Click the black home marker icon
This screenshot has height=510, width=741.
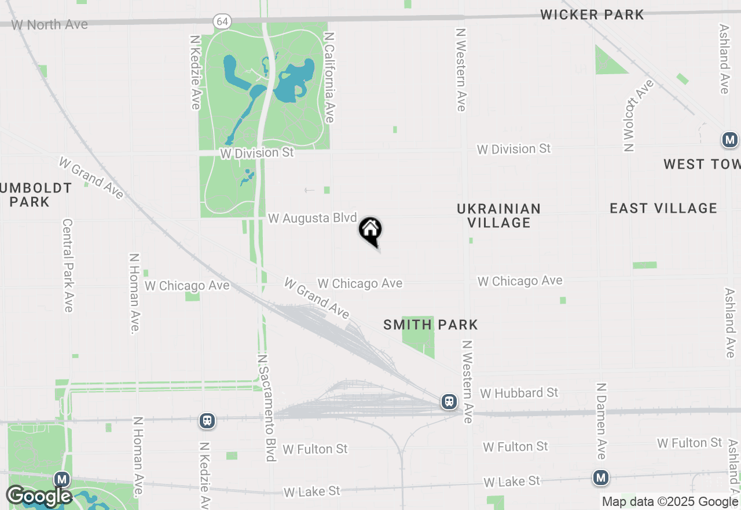coord(370,231)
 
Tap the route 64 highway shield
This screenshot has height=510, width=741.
coord(222,21)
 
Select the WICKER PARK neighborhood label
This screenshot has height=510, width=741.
coord(592,15)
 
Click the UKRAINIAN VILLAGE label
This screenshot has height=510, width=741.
coord(498,216)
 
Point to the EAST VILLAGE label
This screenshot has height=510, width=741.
coord(663,208)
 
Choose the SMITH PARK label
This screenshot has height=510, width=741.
coord(431,325)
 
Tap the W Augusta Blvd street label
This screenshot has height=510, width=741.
coord(313,218)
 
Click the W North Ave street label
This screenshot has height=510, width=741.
coord(50,25)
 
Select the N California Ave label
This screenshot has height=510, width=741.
coord(329,76)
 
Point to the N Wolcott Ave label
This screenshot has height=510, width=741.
coord(637,116)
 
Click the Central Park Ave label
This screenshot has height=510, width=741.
coord(68,265)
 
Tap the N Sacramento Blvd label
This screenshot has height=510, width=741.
coord(265,408)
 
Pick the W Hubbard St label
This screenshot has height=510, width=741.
coord(519,393)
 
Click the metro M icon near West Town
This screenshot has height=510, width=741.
coord(729,140)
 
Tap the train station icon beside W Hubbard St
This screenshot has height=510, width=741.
coord(449,401)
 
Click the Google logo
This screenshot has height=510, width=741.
coord(39,497)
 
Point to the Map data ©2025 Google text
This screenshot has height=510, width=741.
coord(670,502)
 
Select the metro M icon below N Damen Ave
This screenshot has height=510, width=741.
coord(601,478)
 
